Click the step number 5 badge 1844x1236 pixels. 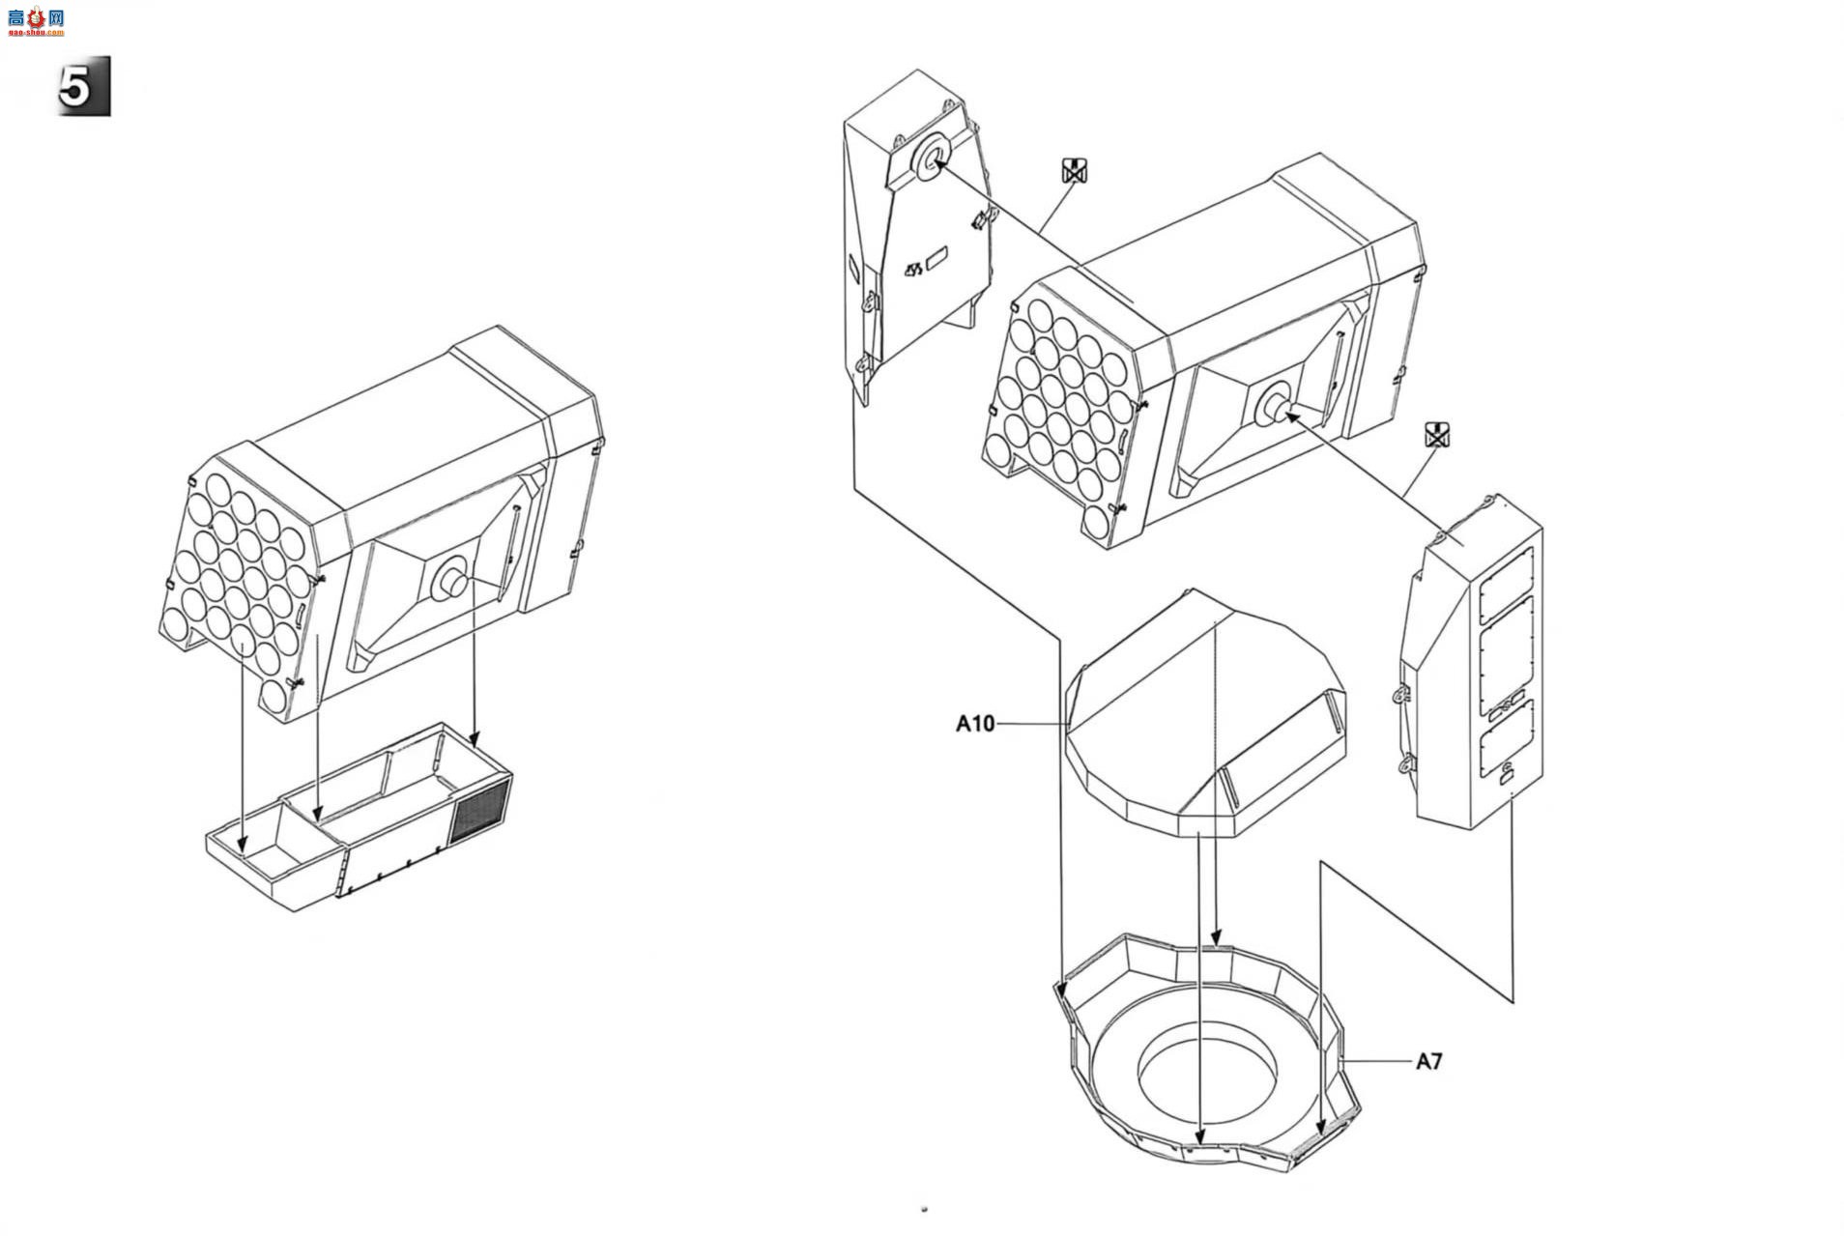pyautogui.click(x=84, y=86)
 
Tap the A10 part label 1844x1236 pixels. pyautogui.click(x=974, y=724)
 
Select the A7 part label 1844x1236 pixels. pyautogui.click(x=1428, y=1061)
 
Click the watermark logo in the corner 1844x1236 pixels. pyautogui.click(x=36, y=19)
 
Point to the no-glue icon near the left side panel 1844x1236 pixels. pyautogui.click(x=1075, y=171)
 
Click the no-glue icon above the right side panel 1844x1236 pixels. pyautogui.click(x=1438, y=435)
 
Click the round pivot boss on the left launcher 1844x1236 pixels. pyautogui.click(x=450, y=580)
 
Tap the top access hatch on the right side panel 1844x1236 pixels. pyautogui.click(x=1507, y=585)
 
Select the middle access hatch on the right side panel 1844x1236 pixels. pyautogui.click(x=1507, y=653)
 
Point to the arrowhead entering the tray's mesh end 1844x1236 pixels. pyautogui.click(x=474, y=739)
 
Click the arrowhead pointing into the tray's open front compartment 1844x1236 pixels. pyautogui.click(x=243, y=845)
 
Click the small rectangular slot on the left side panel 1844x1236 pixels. pyautogui.click(x=936, y=258)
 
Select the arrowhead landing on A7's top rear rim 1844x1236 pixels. pyautogui.click(x=1217, y=936)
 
